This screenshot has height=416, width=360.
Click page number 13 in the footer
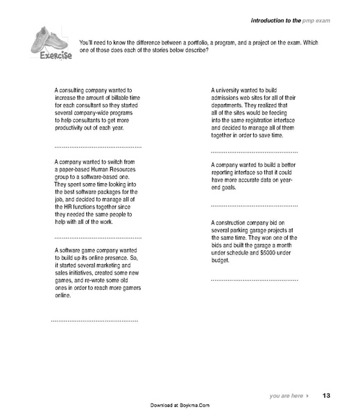pyautogui.click(x=326, y=395)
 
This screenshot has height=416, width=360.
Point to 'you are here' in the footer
pyautogui.click(x=286, y=395)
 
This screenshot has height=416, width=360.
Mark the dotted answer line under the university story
pyautogui.click(x=254, y=151)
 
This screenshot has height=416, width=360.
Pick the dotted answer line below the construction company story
pyautogui.click(x=254, y=279)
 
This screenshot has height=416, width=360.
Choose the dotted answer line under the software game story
pyautogui.click(x=95, y=321)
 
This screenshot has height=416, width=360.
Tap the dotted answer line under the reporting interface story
pyautogui.click(x=254, y=207)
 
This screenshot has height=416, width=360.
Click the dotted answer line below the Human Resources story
pyautogui.click(x=97, y=238)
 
